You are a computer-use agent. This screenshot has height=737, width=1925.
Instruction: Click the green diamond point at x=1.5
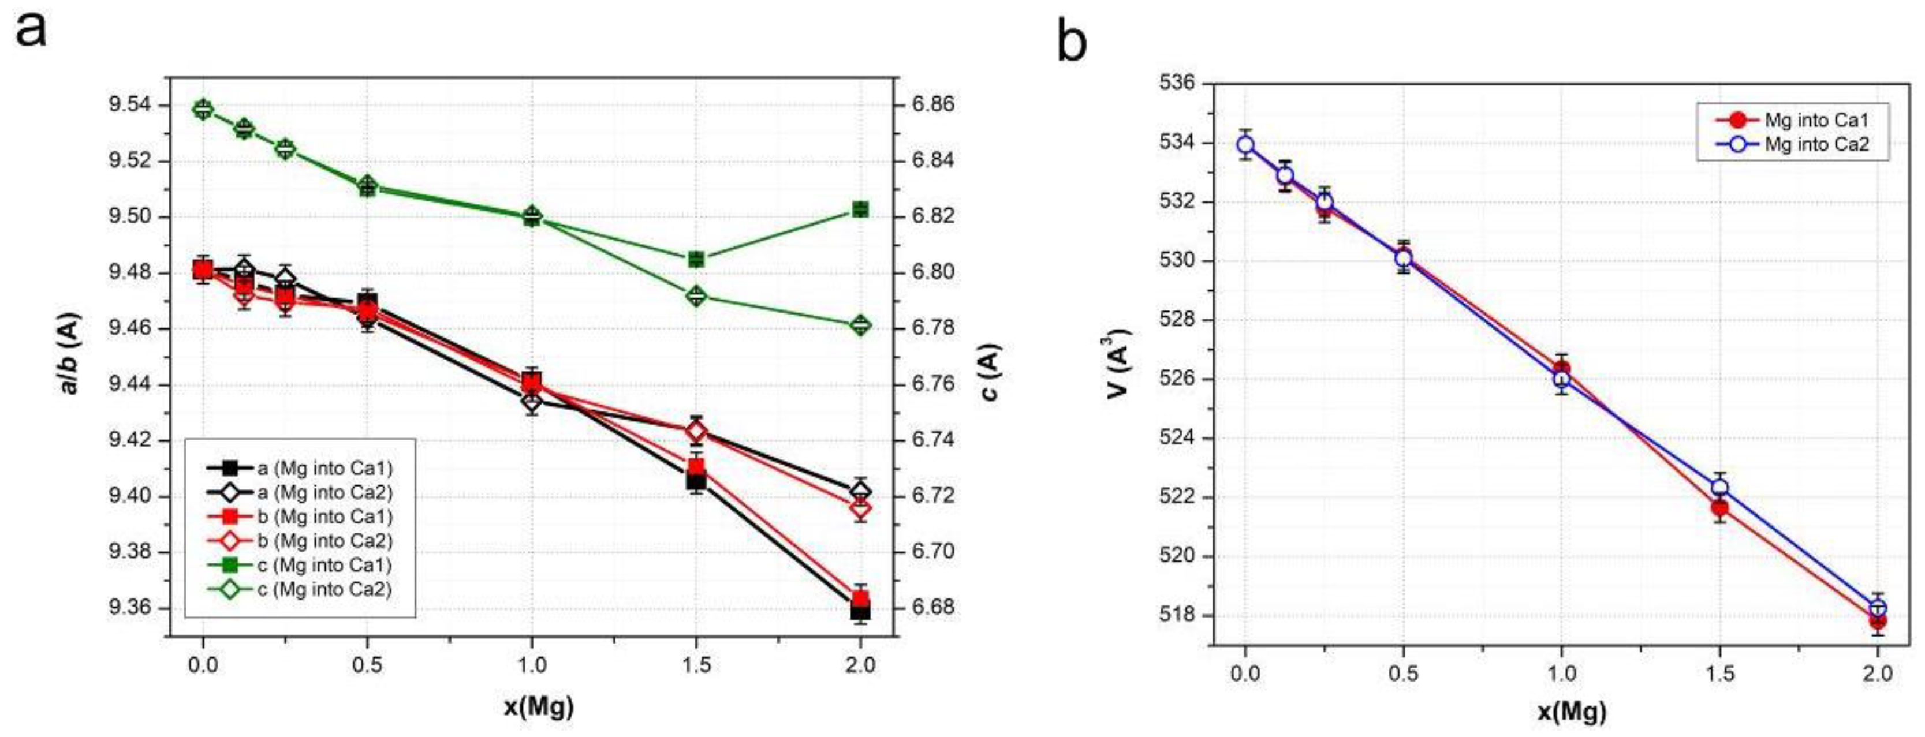(x=696, y=297)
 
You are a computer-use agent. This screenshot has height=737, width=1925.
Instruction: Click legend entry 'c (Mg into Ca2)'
(x=324, y=589)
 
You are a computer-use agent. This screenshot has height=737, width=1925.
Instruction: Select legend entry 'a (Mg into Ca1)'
(x=324, y=469)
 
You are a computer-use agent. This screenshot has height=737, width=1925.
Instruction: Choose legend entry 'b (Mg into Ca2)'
(x=324, y=541)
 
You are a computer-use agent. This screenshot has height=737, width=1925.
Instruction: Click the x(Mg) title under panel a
(x=538, y=706)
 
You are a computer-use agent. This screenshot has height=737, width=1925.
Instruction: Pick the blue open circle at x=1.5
(x=1719, y=488)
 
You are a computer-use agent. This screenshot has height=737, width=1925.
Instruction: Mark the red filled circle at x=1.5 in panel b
(x=1719, y=508)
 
